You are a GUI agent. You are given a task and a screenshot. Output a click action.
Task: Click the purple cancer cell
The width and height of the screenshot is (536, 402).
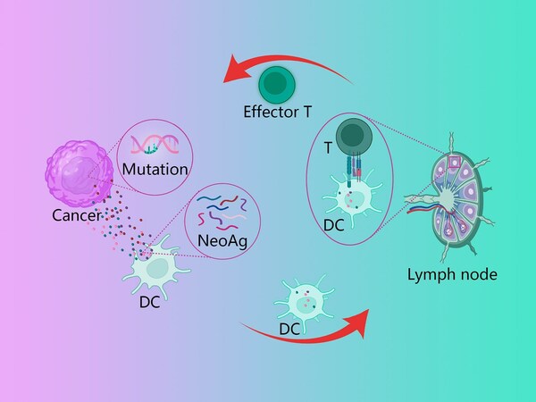point(80,173)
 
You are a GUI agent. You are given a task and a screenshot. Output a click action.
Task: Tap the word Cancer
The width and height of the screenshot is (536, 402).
point(77,215)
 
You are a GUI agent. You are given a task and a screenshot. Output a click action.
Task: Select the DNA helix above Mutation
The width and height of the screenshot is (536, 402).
point(155,144)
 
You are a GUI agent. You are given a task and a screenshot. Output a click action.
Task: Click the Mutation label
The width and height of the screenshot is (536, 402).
point(155,169)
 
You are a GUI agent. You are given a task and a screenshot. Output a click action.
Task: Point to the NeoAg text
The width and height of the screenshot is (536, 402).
point(222,240)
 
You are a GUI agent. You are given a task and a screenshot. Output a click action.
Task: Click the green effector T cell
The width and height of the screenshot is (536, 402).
point(277,85)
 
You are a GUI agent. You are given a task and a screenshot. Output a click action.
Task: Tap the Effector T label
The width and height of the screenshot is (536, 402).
point(277,112)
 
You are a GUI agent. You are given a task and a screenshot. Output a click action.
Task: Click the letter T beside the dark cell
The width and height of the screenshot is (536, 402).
point(328,148)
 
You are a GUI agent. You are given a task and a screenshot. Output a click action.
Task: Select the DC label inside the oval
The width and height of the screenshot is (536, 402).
point(333,225)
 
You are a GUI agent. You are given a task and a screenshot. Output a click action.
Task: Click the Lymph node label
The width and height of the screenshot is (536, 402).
point(452,274)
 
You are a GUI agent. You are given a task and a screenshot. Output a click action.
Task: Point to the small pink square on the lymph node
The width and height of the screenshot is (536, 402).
point(455,162)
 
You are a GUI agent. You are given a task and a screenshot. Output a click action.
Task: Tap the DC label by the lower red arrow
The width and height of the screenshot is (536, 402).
point(289,329)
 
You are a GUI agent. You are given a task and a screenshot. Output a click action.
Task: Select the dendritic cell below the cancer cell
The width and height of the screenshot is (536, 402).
point(155,266)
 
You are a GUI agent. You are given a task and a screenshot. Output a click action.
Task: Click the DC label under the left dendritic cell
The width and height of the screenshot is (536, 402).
point(150,302)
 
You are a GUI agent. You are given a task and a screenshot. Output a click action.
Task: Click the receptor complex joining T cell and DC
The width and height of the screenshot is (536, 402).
point(354,169)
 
